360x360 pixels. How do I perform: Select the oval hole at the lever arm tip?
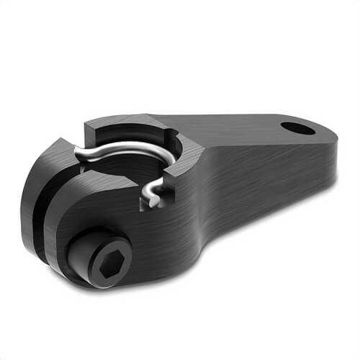(x=297, y=129)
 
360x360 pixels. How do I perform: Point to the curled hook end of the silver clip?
(x=151, y=192)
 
